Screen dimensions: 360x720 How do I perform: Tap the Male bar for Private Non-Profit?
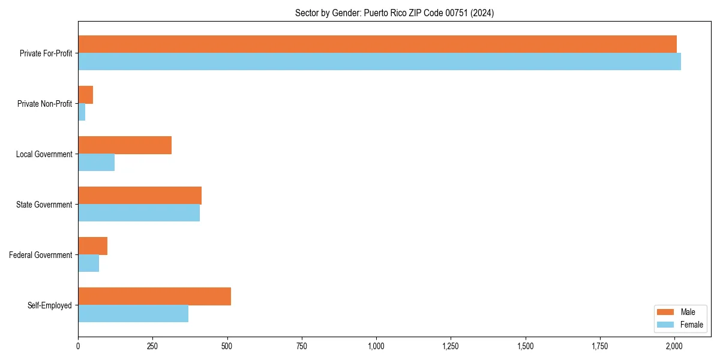click(85, 95)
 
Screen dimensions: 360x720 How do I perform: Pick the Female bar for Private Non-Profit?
click(82, 112)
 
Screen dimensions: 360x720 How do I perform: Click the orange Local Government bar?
click(125, 145)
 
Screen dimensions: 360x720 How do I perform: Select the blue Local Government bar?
click(96, 163)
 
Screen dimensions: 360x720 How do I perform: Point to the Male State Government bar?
click(140, 196)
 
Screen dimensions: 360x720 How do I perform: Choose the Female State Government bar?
click(139, 213)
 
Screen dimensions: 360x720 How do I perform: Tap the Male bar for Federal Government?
click(92, 246)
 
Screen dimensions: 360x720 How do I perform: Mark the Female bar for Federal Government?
click(88, 263)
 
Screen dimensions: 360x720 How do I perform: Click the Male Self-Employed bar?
click(154, 296)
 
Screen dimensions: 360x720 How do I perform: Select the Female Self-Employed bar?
click(133, 314)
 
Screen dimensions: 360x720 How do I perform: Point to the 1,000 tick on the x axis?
click(376, 346)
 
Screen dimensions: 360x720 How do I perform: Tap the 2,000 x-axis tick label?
click(674, 346)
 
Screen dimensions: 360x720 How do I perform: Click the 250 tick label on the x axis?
click(152, 346)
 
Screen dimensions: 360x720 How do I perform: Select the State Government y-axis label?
click(44, 205)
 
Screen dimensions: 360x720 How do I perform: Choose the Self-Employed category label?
click(49, 305)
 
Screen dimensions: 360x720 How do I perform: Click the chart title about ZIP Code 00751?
click(394, 13)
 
